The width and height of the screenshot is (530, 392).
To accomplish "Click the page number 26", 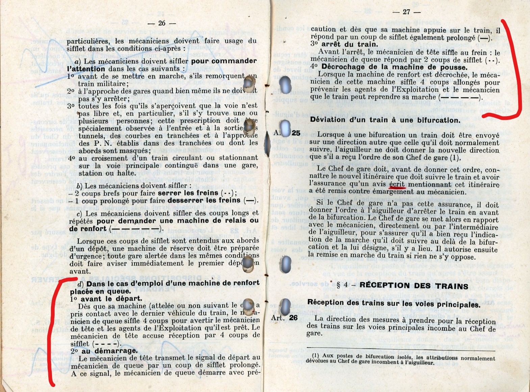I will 162,23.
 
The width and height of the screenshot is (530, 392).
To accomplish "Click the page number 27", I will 406,12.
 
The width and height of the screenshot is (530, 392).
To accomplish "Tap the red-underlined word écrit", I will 397,184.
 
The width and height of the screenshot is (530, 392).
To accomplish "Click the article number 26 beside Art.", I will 293,317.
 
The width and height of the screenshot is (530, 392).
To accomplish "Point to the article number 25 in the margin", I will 296,133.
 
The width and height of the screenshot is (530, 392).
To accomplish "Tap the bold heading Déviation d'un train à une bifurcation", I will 385,120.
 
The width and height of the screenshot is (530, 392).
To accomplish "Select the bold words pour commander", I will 224,61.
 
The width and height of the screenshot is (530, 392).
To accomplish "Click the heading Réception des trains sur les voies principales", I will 394,304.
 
